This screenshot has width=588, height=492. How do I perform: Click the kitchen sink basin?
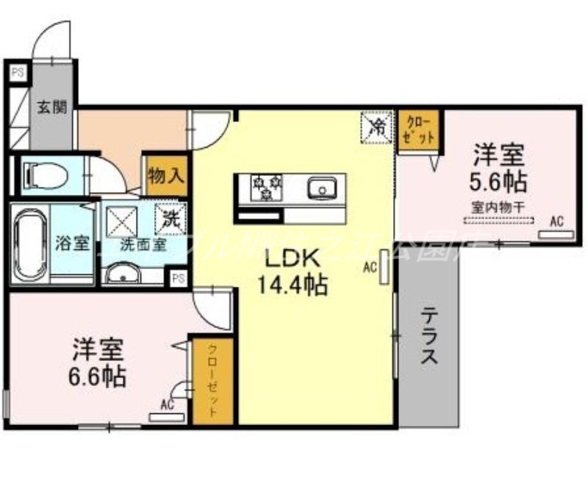(321, 189)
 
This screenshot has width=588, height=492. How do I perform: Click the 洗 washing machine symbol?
(171, 218)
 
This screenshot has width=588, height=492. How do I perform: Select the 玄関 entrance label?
(52, 107)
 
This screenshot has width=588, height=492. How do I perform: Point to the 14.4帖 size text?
(292, 285)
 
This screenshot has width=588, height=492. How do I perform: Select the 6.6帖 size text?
(98, 376)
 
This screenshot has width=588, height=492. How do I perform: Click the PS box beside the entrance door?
(16, 72)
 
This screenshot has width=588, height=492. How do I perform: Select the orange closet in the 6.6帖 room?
(212, 380)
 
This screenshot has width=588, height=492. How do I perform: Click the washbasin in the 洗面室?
(123, 275)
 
